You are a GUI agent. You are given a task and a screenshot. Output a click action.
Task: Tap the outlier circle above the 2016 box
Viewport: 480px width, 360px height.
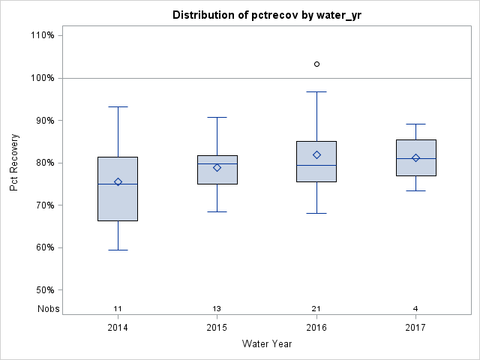pos(316,64)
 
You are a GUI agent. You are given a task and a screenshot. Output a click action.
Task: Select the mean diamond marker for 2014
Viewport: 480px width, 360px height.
pos(118,181)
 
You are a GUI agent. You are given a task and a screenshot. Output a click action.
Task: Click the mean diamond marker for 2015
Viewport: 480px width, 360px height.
pos(217,167)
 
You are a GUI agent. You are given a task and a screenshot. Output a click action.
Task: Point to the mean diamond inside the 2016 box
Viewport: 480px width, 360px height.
pos(316,154)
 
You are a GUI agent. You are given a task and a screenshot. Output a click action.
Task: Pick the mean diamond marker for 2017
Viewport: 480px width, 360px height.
pos(415,157)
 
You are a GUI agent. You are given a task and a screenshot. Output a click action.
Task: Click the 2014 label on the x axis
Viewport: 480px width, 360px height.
pos(118,328)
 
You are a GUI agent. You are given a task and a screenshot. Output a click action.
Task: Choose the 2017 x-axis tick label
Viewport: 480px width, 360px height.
pos(415,328)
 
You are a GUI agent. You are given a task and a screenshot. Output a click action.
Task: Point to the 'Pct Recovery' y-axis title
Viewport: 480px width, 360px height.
pos(14,163)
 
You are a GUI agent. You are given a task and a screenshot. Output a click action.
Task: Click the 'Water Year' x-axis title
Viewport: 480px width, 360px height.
pos(266,344)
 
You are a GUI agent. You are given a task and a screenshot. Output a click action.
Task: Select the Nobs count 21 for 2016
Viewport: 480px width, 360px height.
pos(316,308)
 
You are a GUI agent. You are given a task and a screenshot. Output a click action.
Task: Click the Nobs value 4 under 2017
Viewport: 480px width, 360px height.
pos(415,308)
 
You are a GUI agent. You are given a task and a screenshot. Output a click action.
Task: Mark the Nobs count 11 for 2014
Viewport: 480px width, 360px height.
pos(118,308)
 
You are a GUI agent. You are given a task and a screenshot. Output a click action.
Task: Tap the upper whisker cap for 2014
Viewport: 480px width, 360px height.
pos(118,106)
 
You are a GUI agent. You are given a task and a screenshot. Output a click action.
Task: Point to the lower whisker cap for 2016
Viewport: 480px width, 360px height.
pos(316,213)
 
